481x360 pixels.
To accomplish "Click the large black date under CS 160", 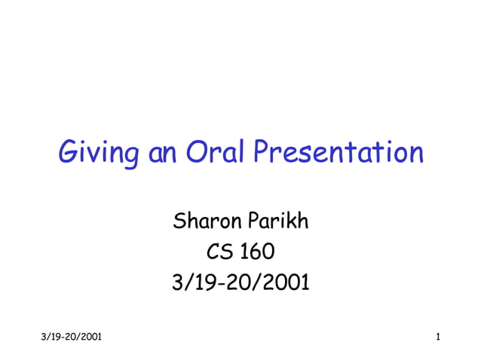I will pyautogui.click(x=240, y=282).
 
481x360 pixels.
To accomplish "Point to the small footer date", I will pyautogui.click(x=67, y=334).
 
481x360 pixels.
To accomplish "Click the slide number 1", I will pyautogui.click(x=437, y=334).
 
